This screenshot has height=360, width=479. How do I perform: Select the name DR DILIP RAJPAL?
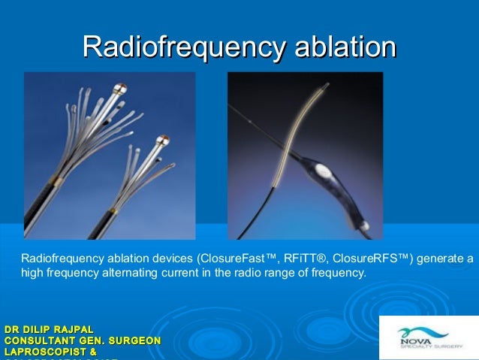[50, 330]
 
